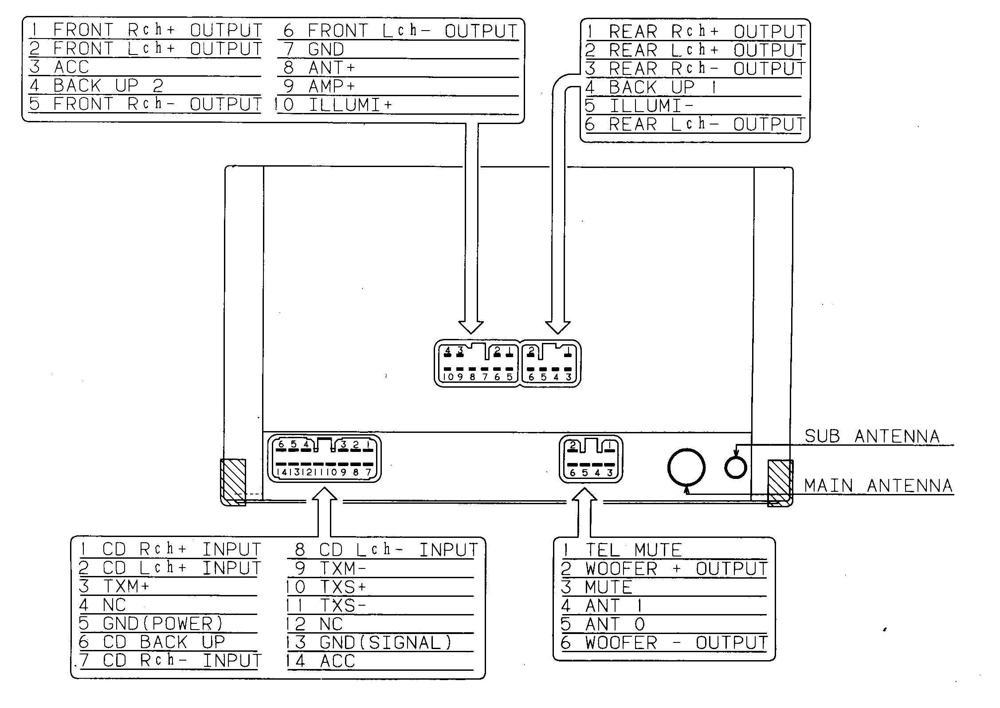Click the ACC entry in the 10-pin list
(x=71, y=67)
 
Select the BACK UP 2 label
(x=108, y=86)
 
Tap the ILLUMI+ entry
(x=350, y=105)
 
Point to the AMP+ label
(x=332, y=86)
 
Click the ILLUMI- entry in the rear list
(x=651, y=106)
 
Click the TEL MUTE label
(x=633, y=550)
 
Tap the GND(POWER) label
(x=163, y=623)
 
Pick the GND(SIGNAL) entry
(x=385, y=642)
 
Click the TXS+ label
(x=343, y=587)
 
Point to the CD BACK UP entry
(x=164, y=642)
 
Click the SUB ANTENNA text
(x=872, y=436)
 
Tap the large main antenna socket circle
(x=686, y=467)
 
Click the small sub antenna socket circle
(x=735, y=467)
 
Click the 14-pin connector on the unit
(x=324, y=459)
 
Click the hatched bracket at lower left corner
(x=233, y=482)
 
